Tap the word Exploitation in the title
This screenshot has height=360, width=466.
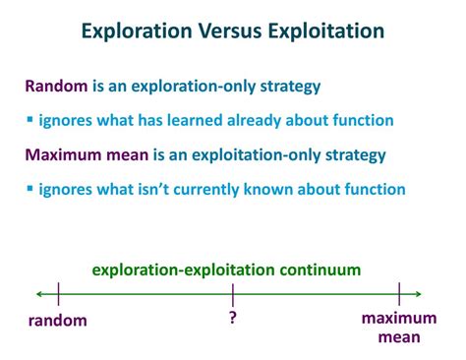pyautogui.click(x=326, y=31)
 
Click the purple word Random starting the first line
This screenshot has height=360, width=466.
pyautogui.click(x=56, y=87)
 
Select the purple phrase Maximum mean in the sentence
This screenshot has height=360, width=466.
pyautogui.click(x=88, y=154)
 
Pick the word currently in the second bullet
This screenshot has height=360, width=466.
pyautogui.click(x=231, y=189)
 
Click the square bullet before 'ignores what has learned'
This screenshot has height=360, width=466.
pyautogui.click(x=29, y=121)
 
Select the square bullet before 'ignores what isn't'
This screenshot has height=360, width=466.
pyautogui.click(x=29, y=189)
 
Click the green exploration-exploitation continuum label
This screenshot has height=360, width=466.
pyautogui.click(x=226, y=269)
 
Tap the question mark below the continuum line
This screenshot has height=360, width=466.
pyautogui.click(x=233, y=317)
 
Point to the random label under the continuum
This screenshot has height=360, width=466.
pyautogui.click(x=57, y=320)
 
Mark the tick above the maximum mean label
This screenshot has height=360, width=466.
pyautogui.click(x=399, y=293)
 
